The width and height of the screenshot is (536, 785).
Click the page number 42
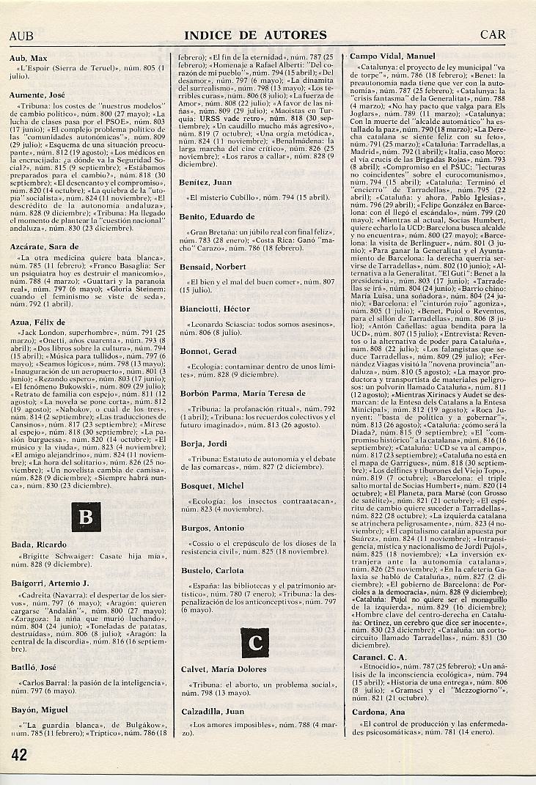[18, 754]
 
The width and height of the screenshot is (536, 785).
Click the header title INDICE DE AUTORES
[255, 34]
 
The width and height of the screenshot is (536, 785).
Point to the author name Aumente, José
[38, 95]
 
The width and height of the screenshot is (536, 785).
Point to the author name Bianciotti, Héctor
[214, 309]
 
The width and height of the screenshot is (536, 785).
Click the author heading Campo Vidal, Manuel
[392, 56]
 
